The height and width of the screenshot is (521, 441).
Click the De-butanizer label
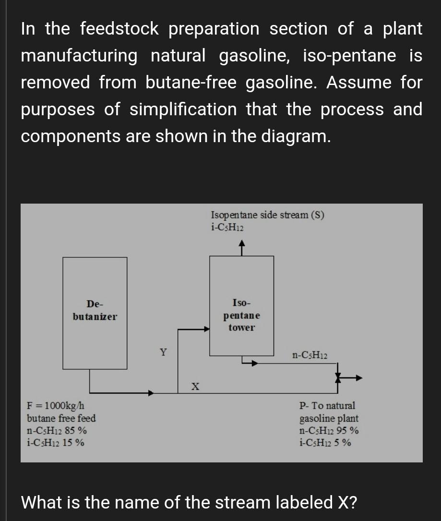point(95,310)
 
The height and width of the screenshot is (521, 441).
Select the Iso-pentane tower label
point(241,315)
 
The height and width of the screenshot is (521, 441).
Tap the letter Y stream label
point(164,352)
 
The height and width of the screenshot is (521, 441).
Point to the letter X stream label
point(195,385)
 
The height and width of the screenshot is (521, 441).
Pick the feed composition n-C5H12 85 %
point(57,431)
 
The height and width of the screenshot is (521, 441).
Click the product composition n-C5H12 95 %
point(329,431)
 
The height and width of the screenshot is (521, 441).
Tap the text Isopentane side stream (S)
point(267,215)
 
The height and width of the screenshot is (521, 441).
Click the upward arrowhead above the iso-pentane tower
point(242,245)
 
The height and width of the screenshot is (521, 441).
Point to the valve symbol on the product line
point(339,378)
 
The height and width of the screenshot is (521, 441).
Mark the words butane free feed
point(61,418)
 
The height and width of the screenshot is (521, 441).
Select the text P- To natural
point(327,406)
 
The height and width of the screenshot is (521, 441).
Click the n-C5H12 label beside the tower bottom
point(310,356)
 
